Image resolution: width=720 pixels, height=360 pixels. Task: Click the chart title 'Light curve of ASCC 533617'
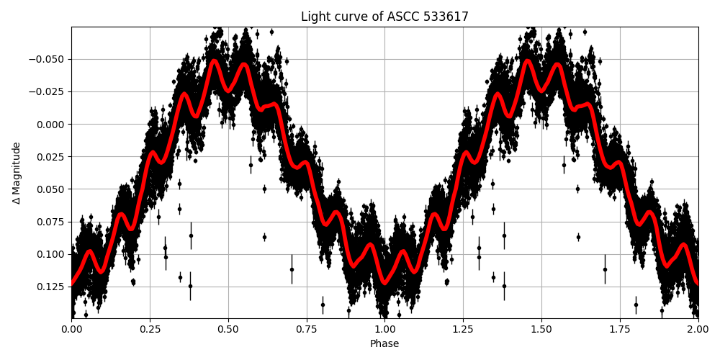click(x=384, y=17)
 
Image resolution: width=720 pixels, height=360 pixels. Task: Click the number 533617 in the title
click(x=446, y=17)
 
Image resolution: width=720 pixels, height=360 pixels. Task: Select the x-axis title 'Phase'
click(x=384, y=344)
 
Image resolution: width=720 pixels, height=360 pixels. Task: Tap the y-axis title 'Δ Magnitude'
click(x=17, y=173)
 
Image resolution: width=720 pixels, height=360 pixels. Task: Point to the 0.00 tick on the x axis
click(x=71, y=329)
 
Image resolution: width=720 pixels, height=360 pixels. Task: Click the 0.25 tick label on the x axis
click(x=150, y=329)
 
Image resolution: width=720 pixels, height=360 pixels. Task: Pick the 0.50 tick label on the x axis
click(x=228, y=329)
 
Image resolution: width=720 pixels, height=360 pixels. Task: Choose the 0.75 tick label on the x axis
click(x=307, y=329)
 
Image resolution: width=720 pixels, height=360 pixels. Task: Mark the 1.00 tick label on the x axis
click(x=384, y=329)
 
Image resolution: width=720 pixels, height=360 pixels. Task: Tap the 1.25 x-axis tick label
click(x=463, y=329)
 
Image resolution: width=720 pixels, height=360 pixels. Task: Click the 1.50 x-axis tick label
click(x=541, y=329)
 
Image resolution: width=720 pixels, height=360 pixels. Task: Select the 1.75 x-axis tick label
click(x=620, y=329)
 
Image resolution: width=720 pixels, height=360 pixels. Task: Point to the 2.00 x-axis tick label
click(x=698, y=329)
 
